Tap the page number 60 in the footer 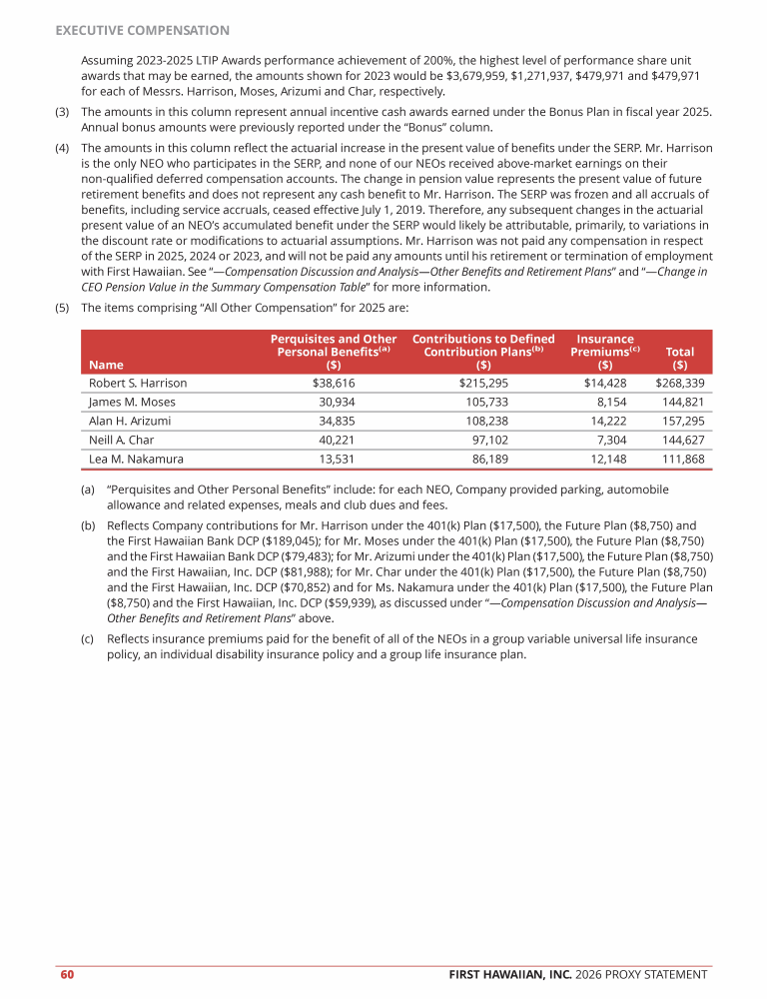(66, 974)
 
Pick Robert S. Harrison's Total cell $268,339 (679, 383)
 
